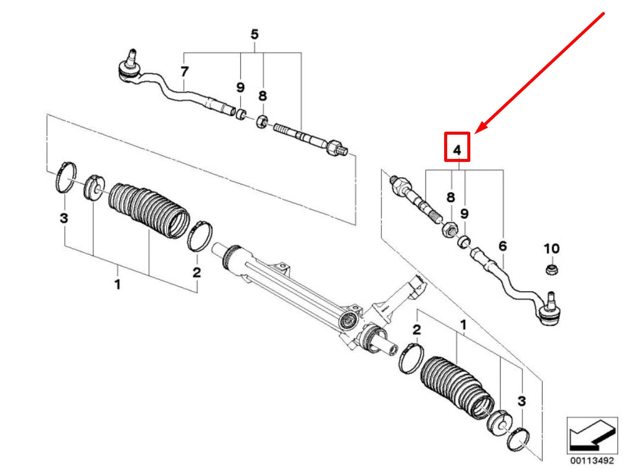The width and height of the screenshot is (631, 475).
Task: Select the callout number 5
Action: (254, 34)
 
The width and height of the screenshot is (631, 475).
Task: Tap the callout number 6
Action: (503, 244)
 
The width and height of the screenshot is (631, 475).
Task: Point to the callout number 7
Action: (184, 72)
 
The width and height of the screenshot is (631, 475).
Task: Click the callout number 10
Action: (552, 248)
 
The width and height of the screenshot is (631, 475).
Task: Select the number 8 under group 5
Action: (263, 95)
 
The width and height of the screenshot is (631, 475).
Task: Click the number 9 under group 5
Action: (240, 88)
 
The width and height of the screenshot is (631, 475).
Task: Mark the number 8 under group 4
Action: (451, 198)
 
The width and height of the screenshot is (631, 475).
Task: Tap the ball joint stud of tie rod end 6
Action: (551, 299)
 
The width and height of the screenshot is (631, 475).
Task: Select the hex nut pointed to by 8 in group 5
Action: (262, 123)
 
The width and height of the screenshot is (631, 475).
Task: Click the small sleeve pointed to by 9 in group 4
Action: (464, 240)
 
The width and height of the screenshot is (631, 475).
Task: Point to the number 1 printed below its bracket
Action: (117, 284)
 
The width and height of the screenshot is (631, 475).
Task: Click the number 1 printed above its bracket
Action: (463, 325)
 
